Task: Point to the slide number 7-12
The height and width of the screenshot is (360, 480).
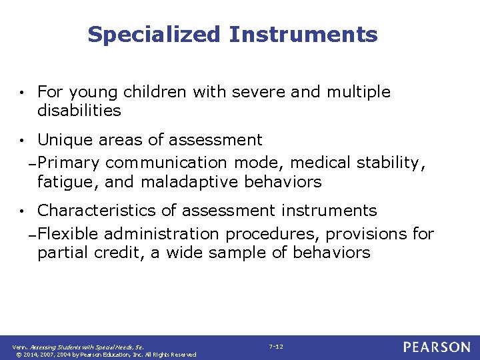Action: tap(276, 347)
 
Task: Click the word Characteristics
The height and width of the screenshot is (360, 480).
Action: tap(97, 211)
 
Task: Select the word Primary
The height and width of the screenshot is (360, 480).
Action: tap(69, 163)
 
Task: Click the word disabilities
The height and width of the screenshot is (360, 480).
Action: tap(79, 111)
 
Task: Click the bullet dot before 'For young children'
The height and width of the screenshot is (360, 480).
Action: tap(23, 93)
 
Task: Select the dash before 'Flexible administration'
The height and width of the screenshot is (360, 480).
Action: tap(32, 235)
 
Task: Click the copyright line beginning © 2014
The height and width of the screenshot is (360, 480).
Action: tap(105, 355)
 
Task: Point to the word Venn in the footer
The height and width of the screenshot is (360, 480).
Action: tap(19, 347)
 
